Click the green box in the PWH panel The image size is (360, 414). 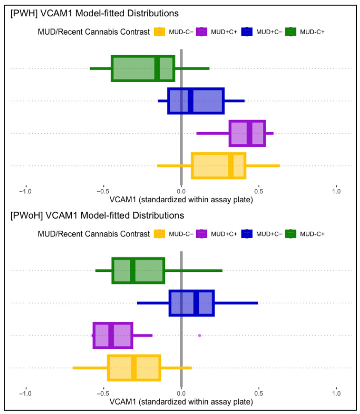click(x=143, y=69)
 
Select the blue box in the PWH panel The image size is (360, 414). click(x=196, y=101)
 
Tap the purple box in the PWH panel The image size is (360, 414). click(x=247, y=133)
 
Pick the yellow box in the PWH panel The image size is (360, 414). click(x=219, y=165)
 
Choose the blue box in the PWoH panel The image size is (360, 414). click(x=191, y=303)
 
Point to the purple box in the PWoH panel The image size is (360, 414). click(x=113, y=335)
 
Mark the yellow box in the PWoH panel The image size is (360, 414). click(x=134, y=368)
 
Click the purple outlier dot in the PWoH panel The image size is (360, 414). click(x=199, y=335)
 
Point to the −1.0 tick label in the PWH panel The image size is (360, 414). click(x=25, y=191)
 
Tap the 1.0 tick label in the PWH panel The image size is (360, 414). click(x=337, y=191)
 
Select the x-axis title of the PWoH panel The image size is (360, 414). click(x=181, y=401)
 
